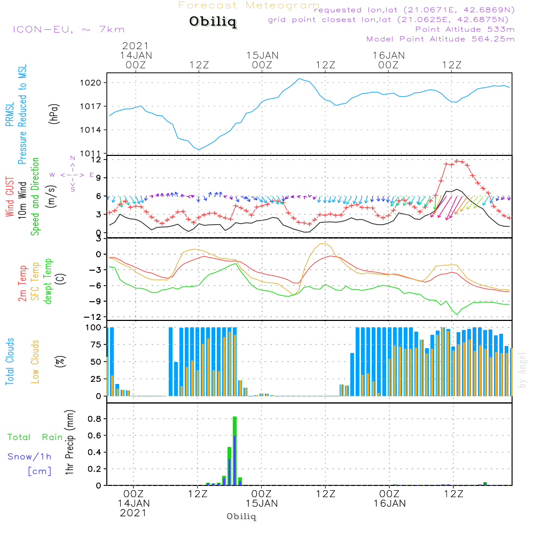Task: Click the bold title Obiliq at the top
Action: [x=213, y=22]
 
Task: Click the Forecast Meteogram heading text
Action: [x=249, y=5]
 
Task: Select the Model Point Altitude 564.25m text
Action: [x=441, y=39]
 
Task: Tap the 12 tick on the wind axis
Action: [x=97, y=160]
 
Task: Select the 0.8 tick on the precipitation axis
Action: [x=95, y=419]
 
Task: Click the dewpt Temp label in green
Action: [x=48, y=281]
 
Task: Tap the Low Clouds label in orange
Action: [x=36, y=361]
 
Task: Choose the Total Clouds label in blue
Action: [x=10, y=361]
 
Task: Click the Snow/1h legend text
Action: [x=29, y=457]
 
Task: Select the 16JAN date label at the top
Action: [x=388, y=55]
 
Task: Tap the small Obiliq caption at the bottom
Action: [x=241, y=516]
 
